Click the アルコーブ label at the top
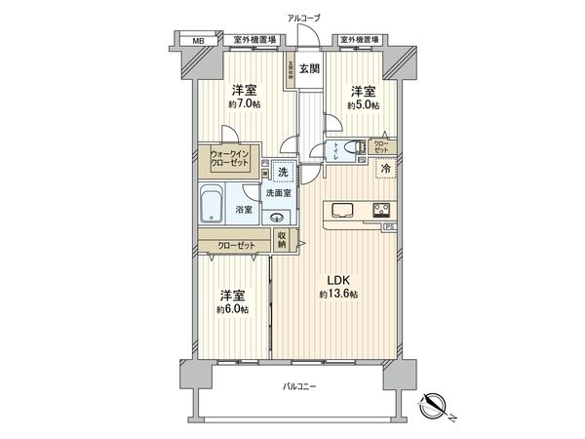304,18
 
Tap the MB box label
198,41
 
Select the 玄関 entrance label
309,68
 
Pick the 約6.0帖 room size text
230,308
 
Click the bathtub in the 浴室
213,206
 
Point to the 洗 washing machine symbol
283,173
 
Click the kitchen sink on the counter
344,209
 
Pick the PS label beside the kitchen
390,229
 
